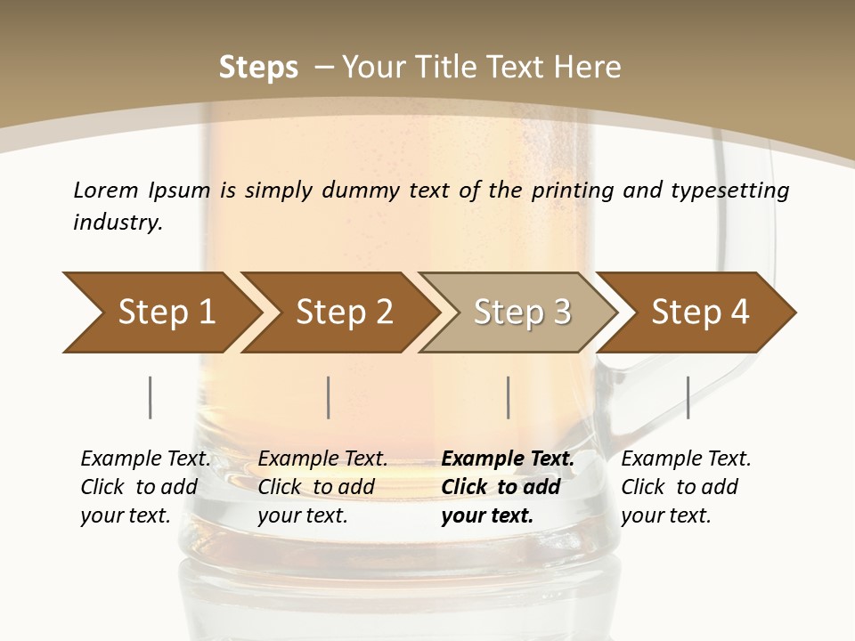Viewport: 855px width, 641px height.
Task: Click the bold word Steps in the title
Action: pyautogui.click(x=258, y=67)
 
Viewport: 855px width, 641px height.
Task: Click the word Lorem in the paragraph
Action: pyautogui.click(x=106, y=190)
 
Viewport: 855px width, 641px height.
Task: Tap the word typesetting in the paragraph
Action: pyautogui.click(x=727, y=190)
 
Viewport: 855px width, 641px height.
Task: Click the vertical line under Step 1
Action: pyautogui.click(x=150, y=397)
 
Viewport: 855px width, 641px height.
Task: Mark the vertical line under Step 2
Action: pyautogui.click(x=329, y=397)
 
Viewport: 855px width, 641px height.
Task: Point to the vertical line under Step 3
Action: pyautogui.click(x=508, y=397)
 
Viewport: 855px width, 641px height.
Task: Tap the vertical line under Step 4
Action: pyautogui.click(x=688, y=397)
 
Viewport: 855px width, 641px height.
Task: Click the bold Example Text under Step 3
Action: pyautogui.click(x=508, y=459)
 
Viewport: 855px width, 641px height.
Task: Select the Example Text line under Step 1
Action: pyautogui.click(x=145, y=459)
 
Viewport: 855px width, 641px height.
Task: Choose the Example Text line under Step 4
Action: pyautogui.click(x=686, y=459)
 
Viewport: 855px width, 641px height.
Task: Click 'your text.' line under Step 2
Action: pyautogui.click(x=302, y=515)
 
